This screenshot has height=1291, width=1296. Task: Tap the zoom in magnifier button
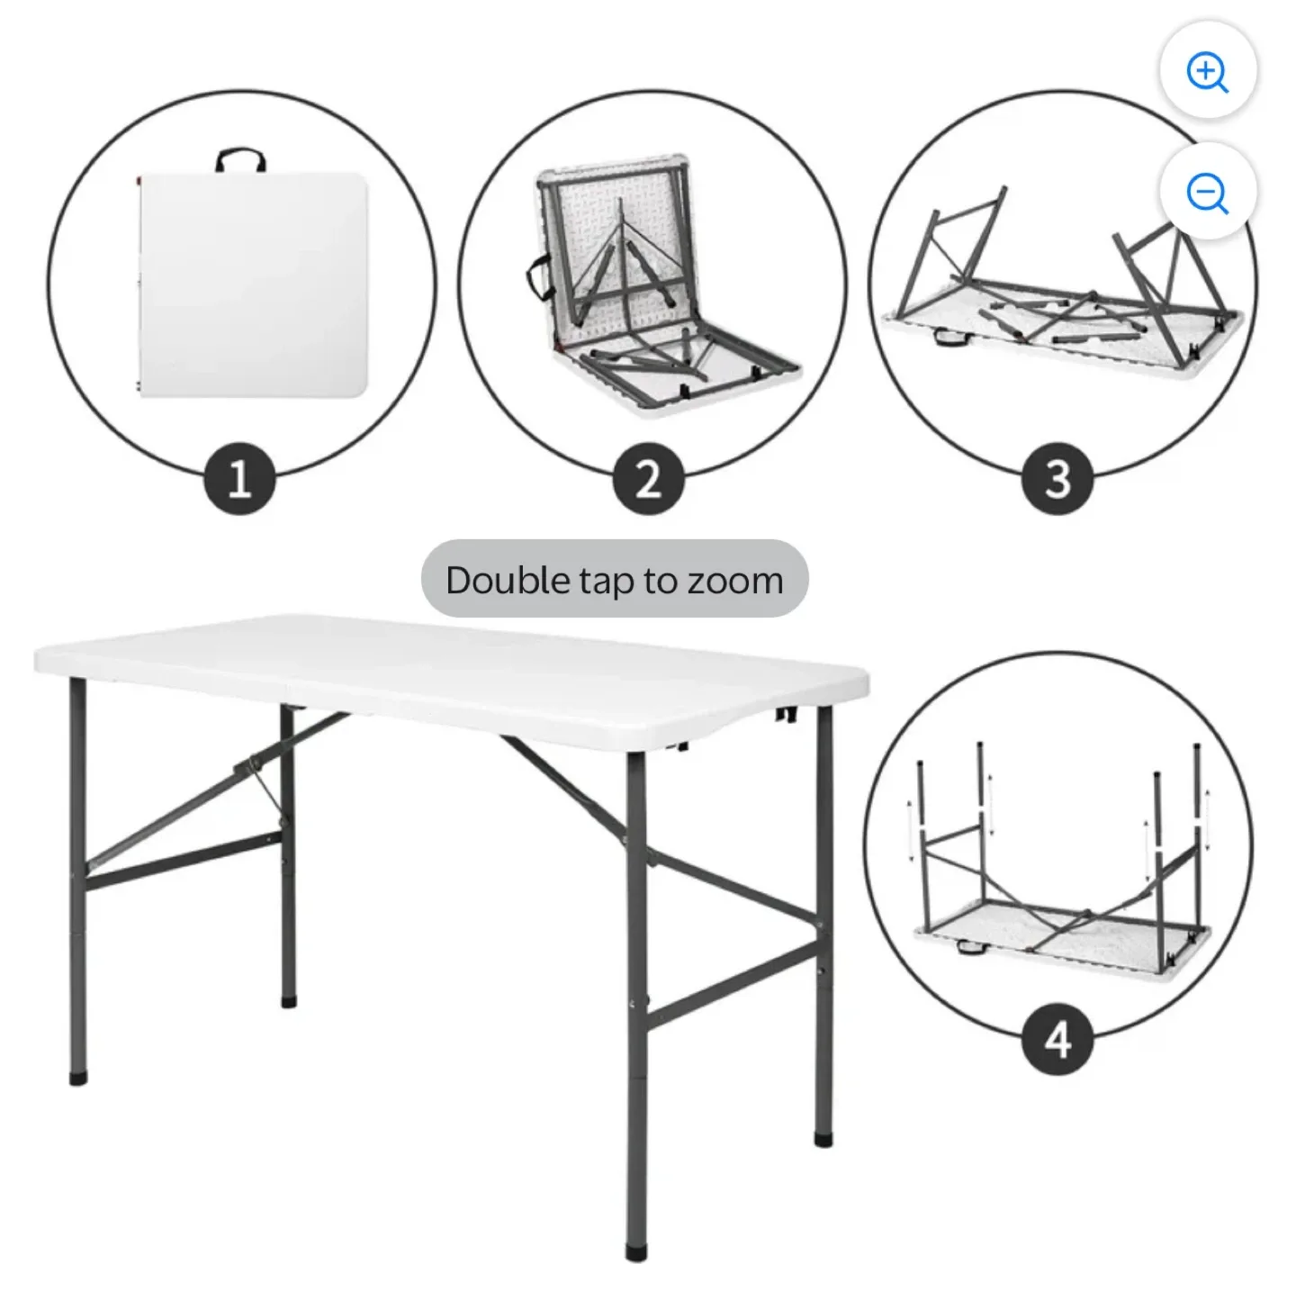pos(1208,73)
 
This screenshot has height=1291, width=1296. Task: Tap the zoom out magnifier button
pos(1208,193)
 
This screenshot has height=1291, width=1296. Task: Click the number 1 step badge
pos(239,478)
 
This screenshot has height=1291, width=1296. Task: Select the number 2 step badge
pos(649,478)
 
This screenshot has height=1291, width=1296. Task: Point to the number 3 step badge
pos(1057,478)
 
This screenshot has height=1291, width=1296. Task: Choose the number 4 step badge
pos(1057,1040)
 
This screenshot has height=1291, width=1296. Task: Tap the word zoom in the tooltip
pos(735,581)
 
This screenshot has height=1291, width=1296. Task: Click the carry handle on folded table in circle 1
pos(241,160)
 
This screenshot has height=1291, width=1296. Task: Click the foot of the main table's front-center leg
pos(636,1252)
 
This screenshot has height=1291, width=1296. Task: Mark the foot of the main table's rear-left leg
pos(288,999)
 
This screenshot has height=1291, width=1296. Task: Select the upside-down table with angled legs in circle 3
pos(1062,288)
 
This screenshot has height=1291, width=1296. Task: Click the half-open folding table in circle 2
pos(657,288)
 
